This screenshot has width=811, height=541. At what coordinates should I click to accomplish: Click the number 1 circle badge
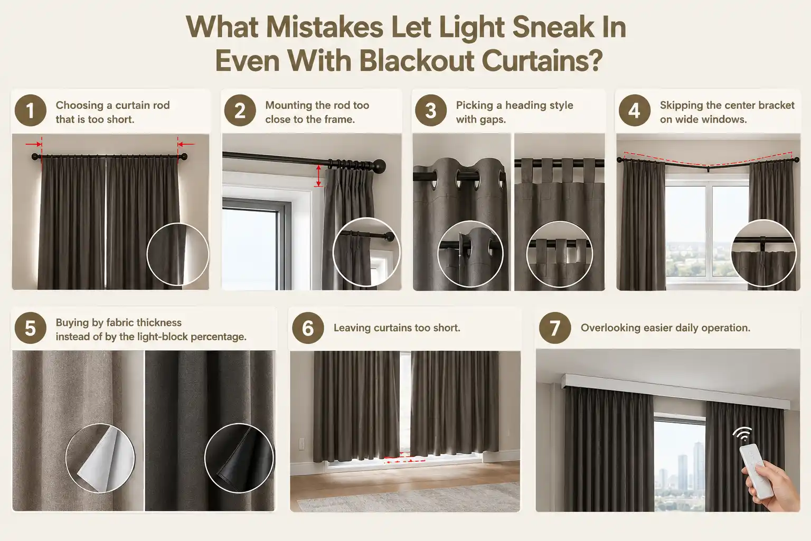pos(31,110)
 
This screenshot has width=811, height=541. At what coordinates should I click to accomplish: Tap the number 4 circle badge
pos(634,110)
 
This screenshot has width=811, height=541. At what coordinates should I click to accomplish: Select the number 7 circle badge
pos(555,328)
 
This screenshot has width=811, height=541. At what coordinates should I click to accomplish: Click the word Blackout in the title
pos(417,61)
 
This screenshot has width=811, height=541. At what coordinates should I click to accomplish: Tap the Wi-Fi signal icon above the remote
pos(743,434)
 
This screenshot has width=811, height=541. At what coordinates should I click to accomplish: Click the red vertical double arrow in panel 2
pos(318,176)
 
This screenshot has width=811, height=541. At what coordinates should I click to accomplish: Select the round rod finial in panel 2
pos(379,165)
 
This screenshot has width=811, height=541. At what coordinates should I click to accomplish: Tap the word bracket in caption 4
pos(776,105)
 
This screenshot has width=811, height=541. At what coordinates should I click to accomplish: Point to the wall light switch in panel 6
pos(301,443)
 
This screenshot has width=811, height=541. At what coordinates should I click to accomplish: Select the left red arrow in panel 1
pos(33,144)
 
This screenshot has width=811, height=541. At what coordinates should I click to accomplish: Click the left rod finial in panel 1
pos(35,157)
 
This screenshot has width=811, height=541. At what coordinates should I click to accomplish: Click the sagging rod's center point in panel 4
pos(708,167)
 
